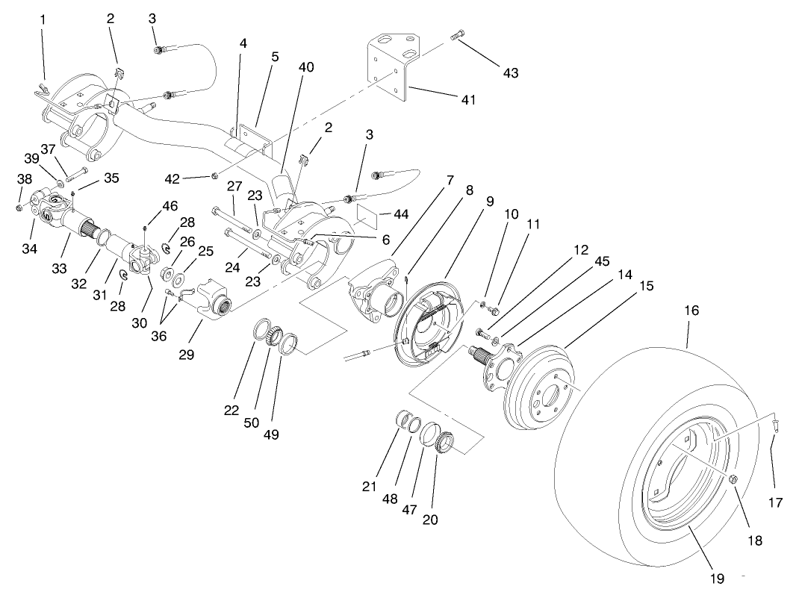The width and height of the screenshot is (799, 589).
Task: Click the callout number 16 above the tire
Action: point(691,310)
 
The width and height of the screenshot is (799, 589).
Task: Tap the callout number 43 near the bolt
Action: point(510,73)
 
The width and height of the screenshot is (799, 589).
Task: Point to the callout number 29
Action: point(186,355)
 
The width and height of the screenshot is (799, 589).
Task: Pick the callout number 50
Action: point(252,423)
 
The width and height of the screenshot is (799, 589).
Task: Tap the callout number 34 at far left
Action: point(28,248)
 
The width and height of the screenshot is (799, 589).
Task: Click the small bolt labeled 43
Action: point(458,35)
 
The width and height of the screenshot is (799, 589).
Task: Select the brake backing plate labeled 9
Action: point(429,328)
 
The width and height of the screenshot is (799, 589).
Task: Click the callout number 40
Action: point(306,67)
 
